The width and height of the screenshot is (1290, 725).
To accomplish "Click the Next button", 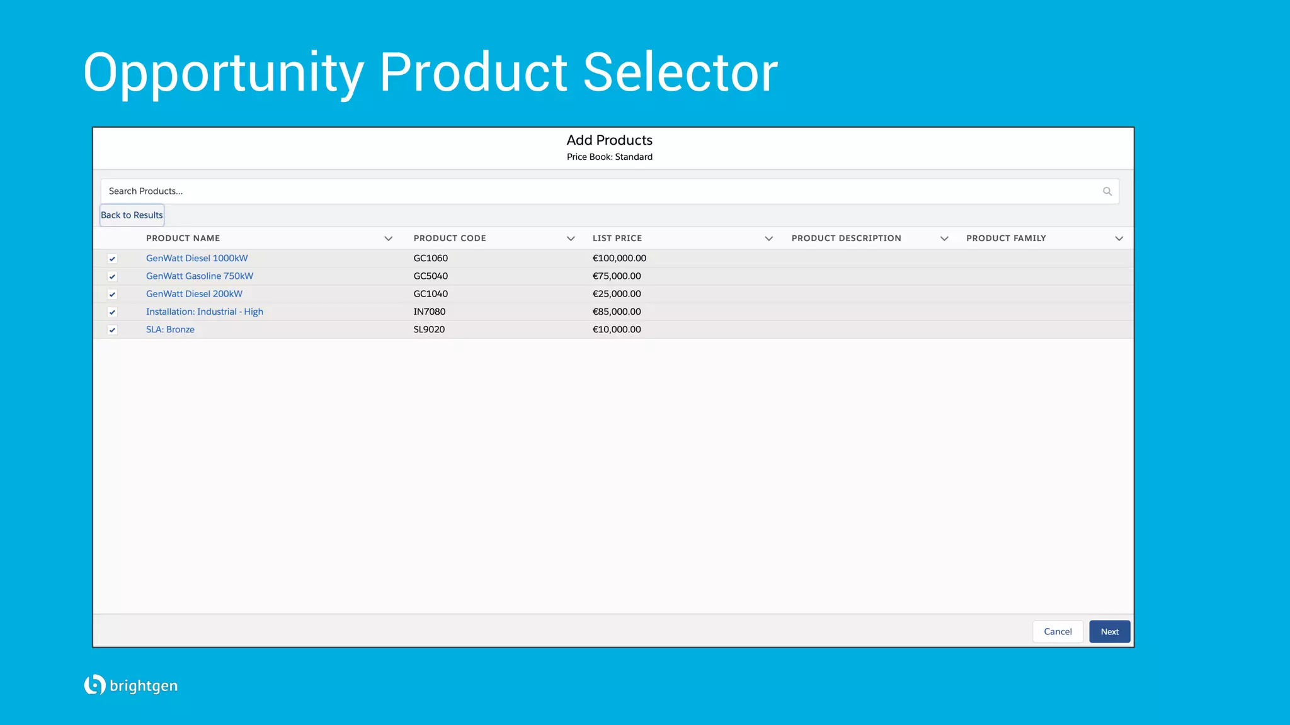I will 1109,632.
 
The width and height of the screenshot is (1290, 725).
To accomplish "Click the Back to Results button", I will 132,215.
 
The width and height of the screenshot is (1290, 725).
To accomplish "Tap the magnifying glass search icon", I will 1107,191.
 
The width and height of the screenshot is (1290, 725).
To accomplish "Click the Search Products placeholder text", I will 146,191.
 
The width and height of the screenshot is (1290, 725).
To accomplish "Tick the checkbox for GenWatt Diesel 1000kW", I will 112,259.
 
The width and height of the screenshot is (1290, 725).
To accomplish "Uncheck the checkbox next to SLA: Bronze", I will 112,330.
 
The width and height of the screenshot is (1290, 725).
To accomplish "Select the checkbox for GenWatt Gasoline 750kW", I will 112,276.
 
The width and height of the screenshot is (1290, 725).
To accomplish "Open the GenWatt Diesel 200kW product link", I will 194,294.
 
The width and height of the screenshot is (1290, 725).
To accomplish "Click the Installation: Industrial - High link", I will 204,312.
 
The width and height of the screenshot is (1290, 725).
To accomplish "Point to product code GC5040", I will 430,276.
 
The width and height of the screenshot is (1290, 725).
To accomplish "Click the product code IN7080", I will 429,312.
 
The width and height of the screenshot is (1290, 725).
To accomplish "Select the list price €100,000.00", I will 619,258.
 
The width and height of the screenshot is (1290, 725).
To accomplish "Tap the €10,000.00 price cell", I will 617,330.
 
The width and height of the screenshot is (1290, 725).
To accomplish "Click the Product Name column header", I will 183,239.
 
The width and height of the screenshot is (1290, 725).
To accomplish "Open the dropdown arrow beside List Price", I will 768,239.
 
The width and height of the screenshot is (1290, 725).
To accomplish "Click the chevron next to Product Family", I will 1119,239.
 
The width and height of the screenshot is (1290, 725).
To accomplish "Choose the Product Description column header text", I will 846,239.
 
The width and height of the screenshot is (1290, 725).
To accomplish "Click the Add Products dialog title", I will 609,140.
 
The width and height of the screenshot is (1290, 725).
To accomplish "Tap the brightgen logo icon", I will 94,685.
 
